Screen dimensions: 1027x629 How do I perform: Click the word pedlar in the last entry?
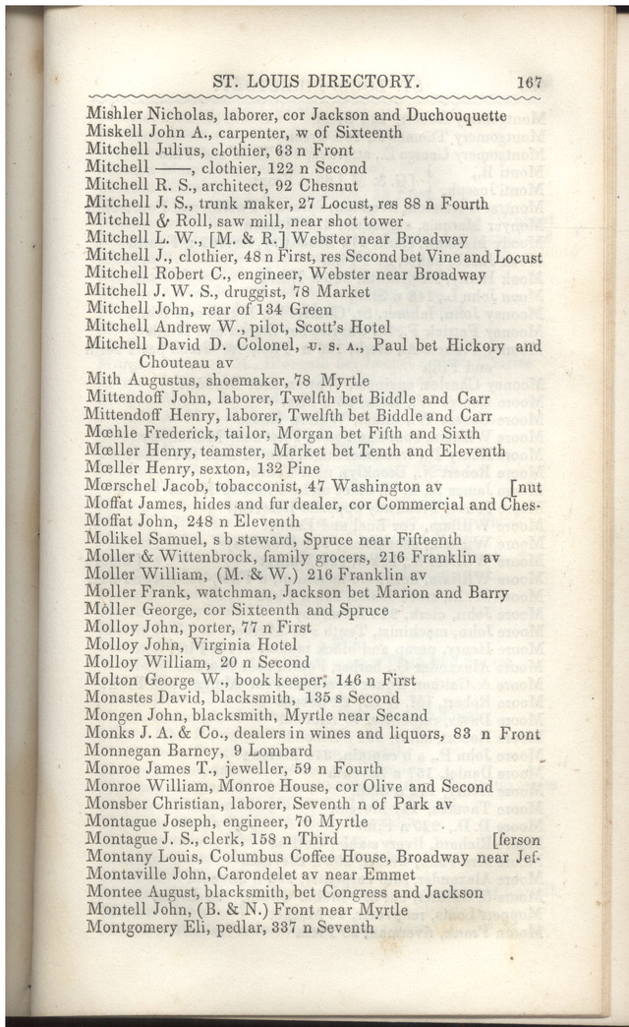(x=230, y=928)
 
